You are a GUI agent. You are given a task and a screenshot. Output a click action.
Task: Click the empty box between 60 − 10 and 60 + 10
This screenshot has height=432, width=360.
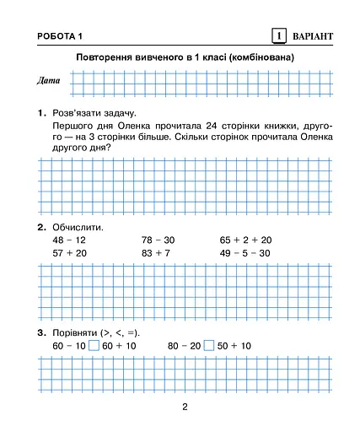pos(94,346)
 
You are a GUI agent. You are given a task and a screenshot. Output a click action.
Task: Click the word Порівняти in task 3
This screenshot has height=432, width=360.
pos(78,332)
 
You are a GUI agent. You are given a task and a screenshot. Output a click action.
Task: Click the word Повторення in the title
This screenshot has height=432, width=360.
pos(106,57)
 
